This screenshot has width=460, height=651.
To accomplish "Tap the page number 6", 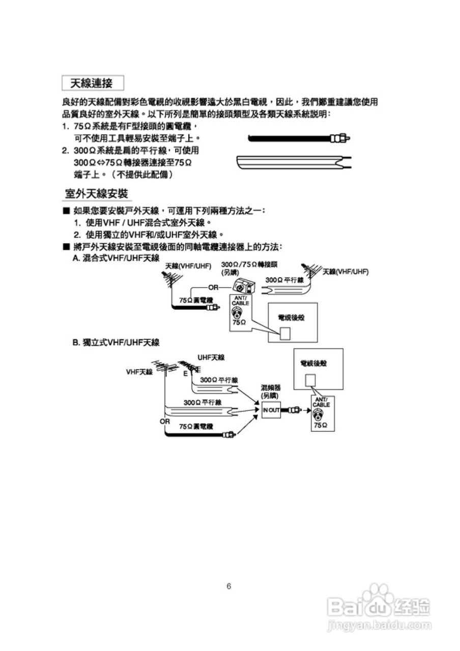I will pos(229,586).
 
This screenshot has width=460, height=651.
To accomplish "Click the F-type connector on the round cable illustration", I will pos(340,138).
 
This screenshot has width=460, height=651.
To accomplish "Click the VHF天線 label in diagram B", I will pos(139,372).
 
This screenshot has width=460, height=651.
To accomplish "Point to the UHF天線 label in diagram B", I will pos(211,358).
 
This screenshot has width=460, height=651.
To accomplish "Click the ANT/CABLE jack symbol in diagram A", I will pos(237,313).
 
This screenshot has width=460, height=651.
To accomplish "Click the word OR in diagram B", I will pos(165,422).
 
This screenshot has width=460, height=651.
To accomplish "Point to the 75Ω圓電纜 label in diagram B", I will pos(196,426).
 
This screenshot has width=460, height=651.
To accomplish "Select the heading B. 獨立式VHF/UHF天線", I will pos(116,343).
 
